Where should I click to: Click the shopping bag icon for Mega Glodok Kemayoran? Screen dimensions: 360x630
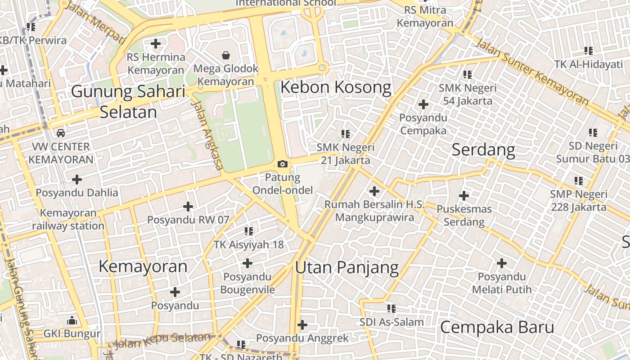coord(225,55)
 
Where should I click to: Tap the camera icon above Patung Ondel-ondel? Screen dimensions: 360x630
coord(283,164)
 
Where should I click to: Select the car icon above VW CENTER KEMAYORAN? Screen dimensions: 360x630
coord(60,133)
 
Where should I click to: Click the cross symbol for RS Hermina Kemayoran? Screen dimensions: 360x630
coord(156,44)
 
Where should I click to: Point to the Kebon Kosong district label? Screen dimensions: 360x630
coord(336,87)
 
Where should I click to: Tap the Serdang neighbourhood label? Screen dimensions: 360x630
coord(483,149)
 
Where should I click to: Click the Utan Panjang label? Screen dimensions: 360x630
coord(346,267)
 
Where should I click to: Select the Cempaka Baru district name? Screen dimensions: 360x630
coord(497,327)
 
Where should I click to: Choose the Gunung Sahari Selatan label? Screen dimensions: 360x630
coord(128,102)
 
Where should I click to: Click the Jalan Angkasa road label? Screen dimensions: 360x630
coord(207,135)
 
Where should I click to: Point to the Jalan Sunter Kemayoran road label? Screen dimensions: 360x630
coord(531,72)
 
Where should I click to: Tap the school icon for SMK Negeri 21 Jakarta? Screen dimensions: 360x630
coord(346,134)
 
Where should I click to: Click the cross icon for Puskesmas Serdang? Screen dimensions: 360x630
coord(464,196)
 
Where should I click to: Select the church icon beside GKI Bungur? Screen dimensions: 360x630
coord(72,321)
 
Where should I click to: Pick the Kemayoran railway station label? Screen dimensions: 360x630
coord(68,219)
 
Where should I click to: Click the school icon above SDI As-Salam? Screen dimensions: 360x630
coord(391,309)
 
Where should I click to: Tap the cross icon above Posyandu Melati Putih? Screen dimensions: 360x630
coord(502,263)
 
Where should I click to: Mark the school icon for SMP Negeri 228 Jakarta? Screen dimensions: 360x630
coord(579,181)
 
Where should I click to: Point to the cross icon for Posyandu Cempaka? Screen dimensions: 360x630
coord(423,104)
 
